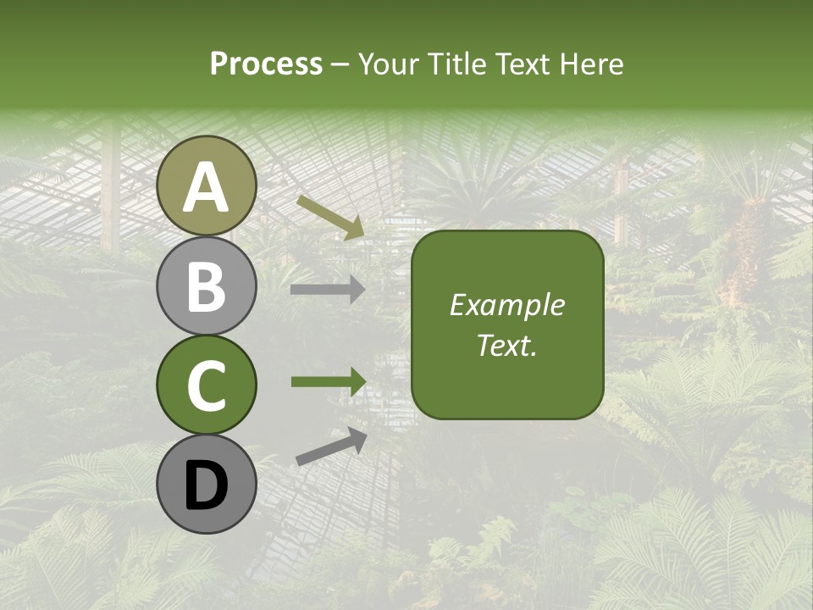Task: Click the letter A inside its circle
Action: [x=206, y=188]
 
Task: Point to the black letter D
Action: [x=206, y=486]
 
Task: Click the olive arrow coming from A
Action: [x=330, y=217]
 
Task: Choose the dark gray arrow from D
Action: [x=331, y=446]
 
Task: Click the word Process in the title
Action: [x=266, y=64]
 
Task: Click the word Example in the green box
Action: [x=506, y=305]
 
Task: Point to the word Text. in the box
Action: [x=506, y=346]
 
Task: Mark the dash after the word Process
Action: [x=340, y=65]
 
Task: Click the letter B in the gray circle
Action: [x=206, y=286]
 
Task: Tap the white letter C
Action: [x=206, y=386]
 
